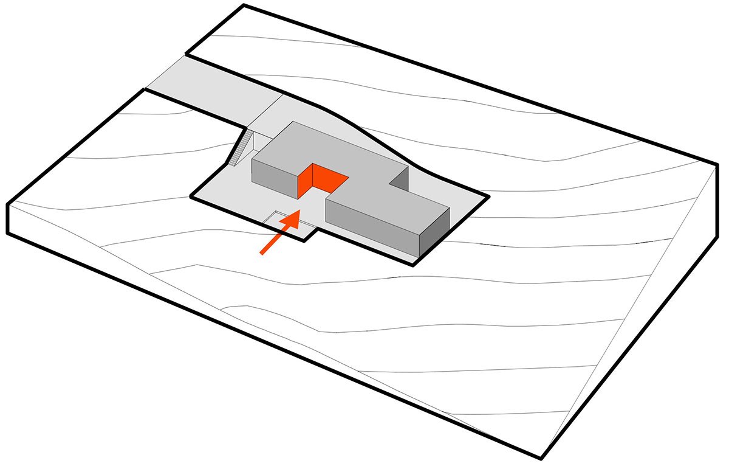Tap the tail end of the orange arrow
click(x=262, y=253)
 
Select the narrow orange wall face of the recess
click(x=306, y=180)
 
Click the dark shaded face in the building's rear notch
click(x=399, y=178)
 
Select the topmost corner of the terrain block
click(x=244, y=5)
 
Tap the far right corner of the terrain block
click(x=718, y=163)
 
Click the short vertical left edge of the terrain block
click(x=7, y=218)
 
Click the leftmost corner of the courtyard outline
click(x=191, y=196)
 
